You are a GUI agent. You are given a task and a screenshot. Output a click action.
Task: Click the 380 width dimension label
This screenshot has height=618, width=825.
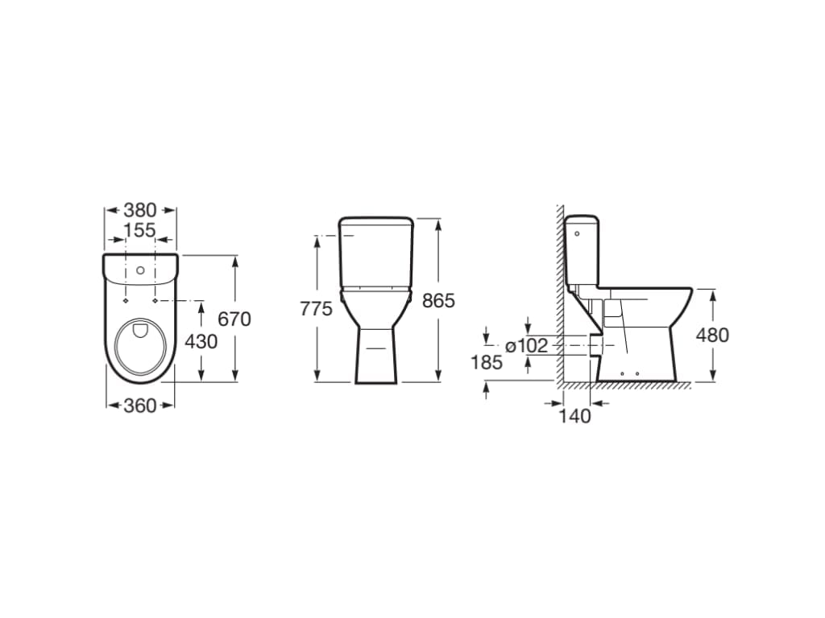(x=140, y=210)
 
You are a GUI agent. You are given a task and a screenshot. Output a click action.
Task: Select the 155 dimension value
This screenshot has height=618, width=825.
(x=140, y=230)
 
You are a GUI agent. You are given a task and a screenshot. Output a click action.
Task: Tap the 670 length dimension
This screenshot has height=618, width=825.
(x=234, y=319)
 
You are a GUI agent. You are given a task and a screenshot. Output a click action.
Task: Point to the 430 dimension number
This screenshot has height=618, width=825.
(x=201, y=341)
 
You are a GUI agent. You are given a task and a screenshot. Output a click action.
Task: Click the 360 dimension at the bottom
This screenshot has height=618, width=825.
(x=140, y=406)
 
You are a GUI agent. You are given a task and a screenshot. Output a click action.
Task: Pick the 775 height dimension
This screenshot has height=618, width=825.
(x=316, y=309)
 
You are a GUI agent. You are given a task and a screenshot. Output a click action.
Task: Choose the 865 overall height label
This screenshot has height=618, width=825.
(x=438, y=301)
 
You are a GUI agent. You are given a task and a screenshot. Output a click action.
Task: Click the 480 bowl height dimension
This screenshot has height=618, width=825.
(x=712, y=335)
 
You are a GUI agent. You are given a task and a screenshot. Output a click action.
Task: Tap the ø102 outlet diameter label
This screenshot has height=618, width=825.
(x=527, y=346)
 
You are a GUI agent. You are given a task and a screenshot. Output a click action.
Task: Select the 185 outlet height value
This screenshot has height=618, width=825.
(x=487, y=362)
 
